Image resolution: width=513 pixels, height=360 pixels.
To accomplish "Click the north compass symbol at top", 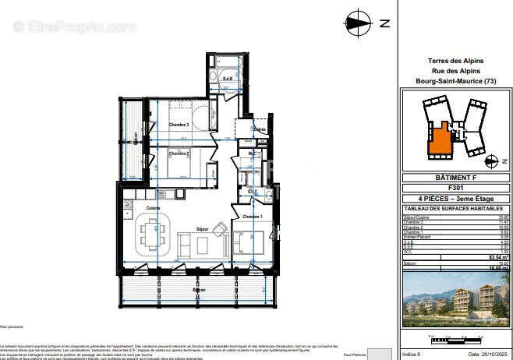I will click(x=359, y=22).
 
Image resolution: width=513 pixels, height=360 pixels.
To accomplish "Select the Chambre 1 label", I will click(x=251, y=216).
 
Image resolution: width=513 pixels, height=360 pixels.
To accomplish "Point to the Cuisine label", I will click(x=154, y=208).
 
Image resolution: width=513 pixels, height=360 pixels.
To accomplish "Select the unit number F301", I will click(x=456, y=188).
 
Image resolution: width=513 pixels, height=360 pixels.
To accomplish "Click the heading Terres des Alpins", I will click(x=456, y=61).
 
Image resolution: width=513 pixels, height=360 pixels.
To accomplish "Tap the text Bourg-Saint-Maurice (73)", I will click(x=456, y=81).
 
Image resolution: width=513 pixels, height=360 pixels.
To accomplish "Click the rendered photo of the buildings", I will click(x=456, y=299).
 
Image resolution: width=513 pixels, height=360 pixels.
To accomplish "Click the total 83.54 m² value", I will click(x=493, y=257).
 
